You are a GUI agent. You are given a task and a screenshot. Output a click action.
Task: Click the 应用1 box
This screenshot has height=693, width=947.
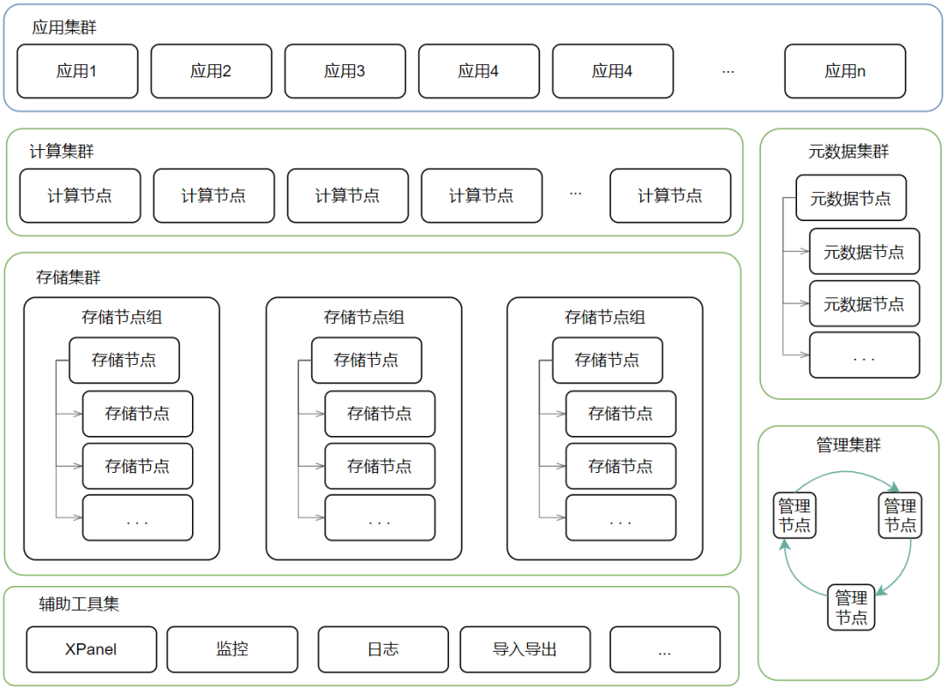point(77,71)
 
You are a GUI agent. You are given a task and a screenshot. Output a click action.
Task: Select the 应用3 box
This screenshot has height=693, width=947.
point(345,71)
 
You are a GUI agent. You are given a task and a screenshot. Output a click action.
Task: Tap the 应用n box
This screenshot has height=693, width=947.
point(844,71)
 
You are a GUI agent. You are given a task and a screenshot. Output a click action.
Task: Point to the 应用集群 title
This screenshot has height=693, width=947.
point(64,27)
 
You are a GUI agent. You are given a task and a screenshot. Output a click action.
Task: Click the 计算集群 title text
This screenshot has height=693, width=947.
point(61,151)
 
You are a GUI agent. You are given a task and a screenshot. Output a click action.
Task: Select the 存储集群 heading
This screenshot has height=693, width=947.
point(68,277)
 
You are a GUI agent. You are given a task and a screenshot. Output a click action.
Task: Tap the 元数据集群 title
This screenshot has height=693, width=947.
point(848,151)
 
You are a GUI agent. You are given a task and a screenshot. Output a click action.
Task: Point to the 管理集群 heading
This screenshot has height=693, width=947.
point(848,445)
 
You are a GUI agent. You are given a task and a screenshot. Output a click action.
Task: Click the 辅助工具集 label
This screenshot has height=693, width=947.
point(79,604)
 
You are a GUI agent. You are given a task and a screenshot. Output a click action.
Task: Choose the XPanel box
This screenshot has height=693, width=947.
point(91,649)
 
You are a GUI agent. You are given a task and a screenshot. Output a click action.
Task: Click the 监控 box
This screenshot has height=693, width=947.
point(231,649)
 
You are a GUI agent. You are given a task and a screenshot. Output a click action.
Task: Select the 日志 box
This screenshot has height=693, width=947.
point(382,649)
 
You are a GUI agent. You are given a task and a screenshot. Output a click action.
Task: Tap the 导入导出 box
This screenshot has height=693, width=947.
point(524,649)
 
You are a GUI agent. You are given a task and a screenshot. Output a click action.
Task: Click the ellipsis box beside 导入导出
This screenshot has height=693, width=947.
point(665,649)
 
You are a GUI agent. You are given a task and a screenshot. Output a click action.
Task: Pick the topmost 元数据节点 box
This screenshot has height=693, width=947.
point(851,198)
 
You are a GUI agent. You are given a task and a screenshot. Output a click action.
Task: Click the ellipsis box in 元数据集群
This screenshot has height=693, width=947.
point(864,355)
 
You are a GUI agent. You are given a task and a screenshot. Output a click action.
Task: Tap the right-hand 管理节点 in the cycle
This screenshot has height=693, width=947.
point(900,515)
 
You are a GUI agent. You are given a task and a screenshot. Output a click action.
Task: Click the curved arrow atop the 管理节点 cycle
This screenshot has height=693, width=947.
point(848,474)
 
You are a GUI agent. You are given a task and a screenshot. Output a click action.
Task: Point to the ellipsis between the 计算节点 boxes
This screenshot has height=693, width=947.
point(575,194)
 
